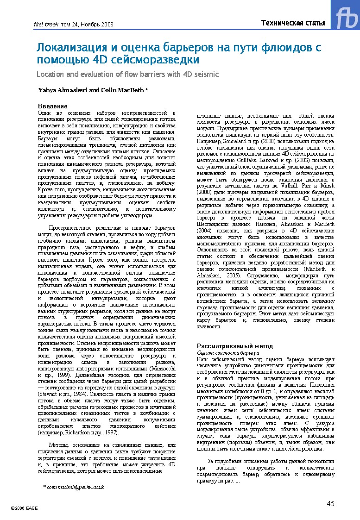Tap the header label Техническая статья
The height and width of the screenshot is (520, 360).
click(293, 23)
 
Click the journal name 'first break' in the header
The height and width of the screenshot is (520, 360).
click(44, 24)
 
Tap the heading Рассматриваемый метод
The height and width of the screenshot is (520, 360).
click(235, 346)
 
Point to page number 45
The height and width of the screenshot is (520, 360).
click(330, 504)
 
